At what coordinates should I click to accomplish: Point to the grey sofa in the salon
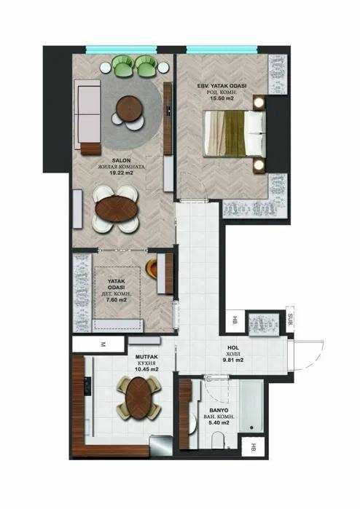click(87, 117)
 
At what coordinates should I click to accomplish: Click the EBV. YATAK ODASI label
click(222, 86)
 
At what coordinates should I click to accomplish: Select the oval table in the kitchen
click(136, 398)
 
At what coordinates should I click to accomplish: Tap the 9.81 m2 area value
click(233, 359)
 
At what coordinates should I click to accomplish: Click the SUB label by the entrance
click(290, 319)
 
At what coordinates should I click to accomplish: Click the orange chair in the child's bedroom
click(154, 268)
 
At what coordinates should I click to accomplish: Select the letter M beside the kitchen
click(104, 344)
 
